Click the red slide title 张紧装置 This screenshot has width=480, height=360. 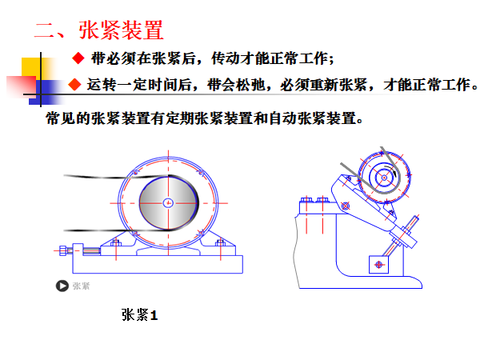point(121,30)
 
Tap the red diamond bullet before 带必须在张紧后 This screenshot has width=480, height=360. point(78,58)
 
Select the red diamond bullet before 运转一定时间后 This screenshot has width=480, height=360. point(74,84)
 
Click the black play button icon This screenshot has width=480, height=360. point(62,286)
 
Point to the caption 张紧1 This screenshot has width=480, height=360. point(139,314)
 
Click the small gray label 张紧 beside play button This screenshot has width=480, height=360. point(81,286)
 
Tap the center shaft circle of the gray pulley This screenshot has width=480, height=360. point(168,202)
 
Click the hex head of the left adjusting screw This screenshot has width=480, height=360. point(63,250)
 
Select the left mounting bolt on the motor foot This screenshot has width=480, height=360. point(116,243)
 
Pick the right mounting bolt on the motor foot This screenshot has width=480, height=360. point(221,243)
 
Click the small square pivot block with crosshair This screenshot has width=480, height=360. point(378,264)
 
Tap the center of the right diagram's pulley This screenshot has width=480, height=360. point(385,178)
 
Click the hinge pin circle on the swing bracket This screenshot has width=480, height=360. point(346,206)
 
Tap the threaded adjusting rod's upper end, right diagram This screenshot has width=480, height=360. point(416,218)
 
